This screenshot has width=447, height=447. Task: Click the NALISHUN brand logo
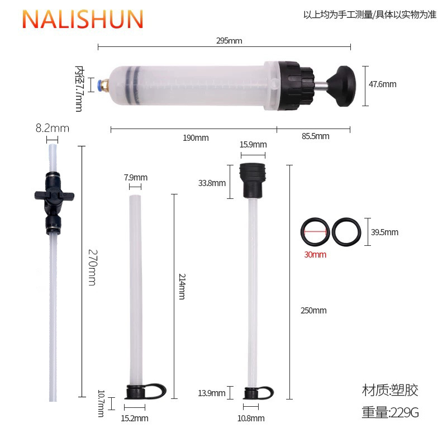point(83,19)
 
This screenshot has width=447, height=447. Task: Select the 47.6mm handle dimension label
point(382,84)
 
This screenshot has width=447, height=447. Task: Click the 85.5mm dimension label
point(316,136)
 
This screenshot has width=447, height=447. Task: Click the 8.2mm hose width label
point(52,128)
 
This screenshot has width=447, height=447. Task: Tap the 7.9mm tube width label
point(135,178)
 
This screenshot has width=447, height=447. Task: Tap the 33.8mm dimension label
point(212,183)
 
